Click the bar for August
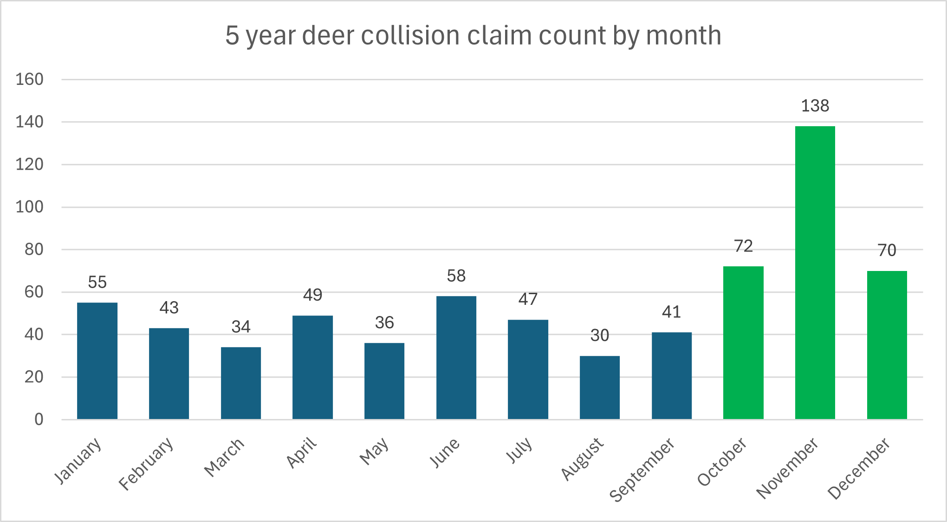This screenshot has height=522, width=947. [599, 387]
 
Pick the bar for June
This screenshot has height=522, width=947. [456, 358]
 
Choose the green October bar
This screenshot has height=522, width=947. [743, 343]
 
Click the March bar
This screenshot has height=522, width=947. [240, 383]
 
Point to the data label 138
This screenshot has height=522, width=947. [815, 106]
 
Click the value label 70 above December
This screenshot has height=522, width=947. [886, 251]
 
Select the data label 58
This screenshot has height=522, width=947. [456, 276]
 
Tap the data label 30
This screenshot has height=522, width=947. [599, 335]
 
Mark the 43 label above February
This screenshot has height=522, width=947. [169, 308]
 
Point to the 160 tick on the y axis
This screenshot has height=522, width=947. [29, 79]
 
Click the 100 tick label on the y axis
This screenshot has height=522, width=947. [29, 207]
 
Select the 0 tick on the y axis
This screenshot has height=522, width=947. [39, 419]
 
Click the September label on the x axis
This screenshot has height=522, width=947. [642, 470]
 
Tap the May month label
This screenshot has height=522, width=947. [374, 451]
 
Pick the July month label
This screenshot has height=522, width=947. [519, 450]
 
